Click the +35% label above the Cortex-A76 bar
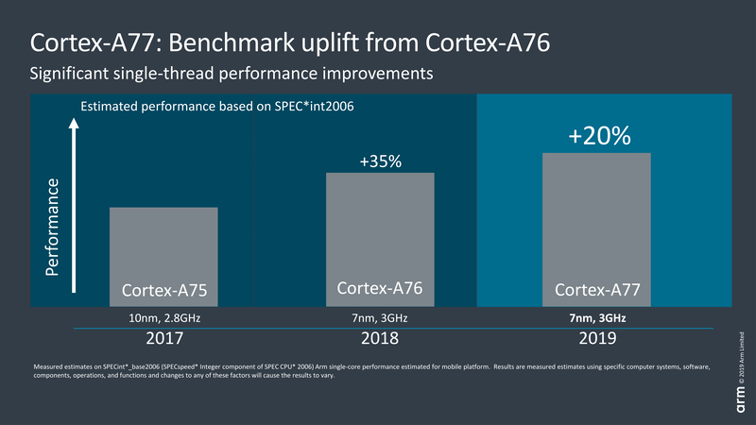click(x=380, y=162)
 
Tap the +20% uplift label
click(x=598, y=136)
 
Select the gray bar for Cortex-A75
click(x=163, y=246)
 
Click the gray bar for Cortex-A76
click(x=380, y=227)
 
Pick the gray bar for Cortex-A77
click(x=597, y=217)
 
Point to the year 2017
click(x=163, y=338)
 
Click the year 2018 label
click(x=380, y=338)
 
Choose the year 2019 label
click(x=597, y=338)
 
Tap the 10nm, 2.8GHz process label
click(x=163, y=318)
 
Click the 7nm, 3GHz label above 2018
click(x=380, y=318)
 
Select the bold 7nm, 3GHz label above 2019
click(x=597, y=318)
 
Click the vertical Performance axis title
click(x=54, y=227)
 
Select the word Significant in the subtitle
click(x=75, y=73)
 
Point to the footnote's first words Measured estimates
click(x=60, y=365)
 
